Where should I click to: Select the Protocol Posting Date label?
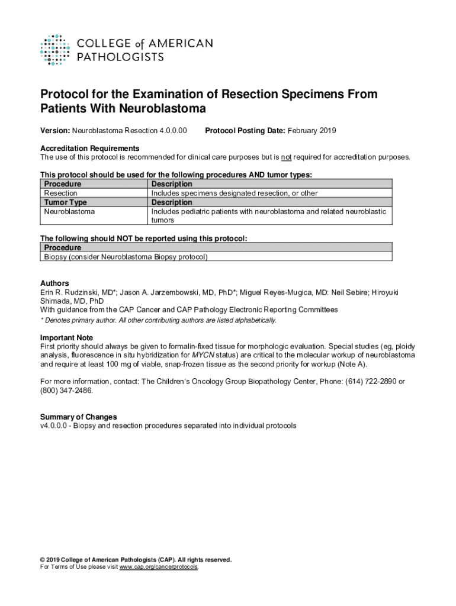click(245, 130)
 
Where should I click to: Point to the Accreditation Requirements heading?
click(89, 148)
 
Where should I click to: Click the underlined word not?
click(286, 157)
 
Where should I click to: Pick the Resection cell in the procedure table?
click(60, 193)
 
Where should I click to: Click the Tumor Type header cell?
click(66, 202)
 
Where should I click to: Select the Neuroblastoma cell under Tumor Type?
click(69, 211)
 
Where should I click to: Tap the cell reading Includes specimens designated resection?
click(235, 193)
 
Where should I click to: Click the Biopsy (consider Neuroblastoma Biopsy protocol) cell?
click(126, 257)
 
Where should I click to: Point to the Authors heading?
click(54, 283)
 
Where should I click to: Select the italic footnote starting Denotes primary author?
click(158, 320)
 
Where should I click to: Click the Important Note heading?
click(66, 338)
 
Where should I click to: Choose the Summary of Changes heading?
click(78, 417)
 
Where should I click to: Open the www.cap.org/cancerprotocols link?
click(159, 567)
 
